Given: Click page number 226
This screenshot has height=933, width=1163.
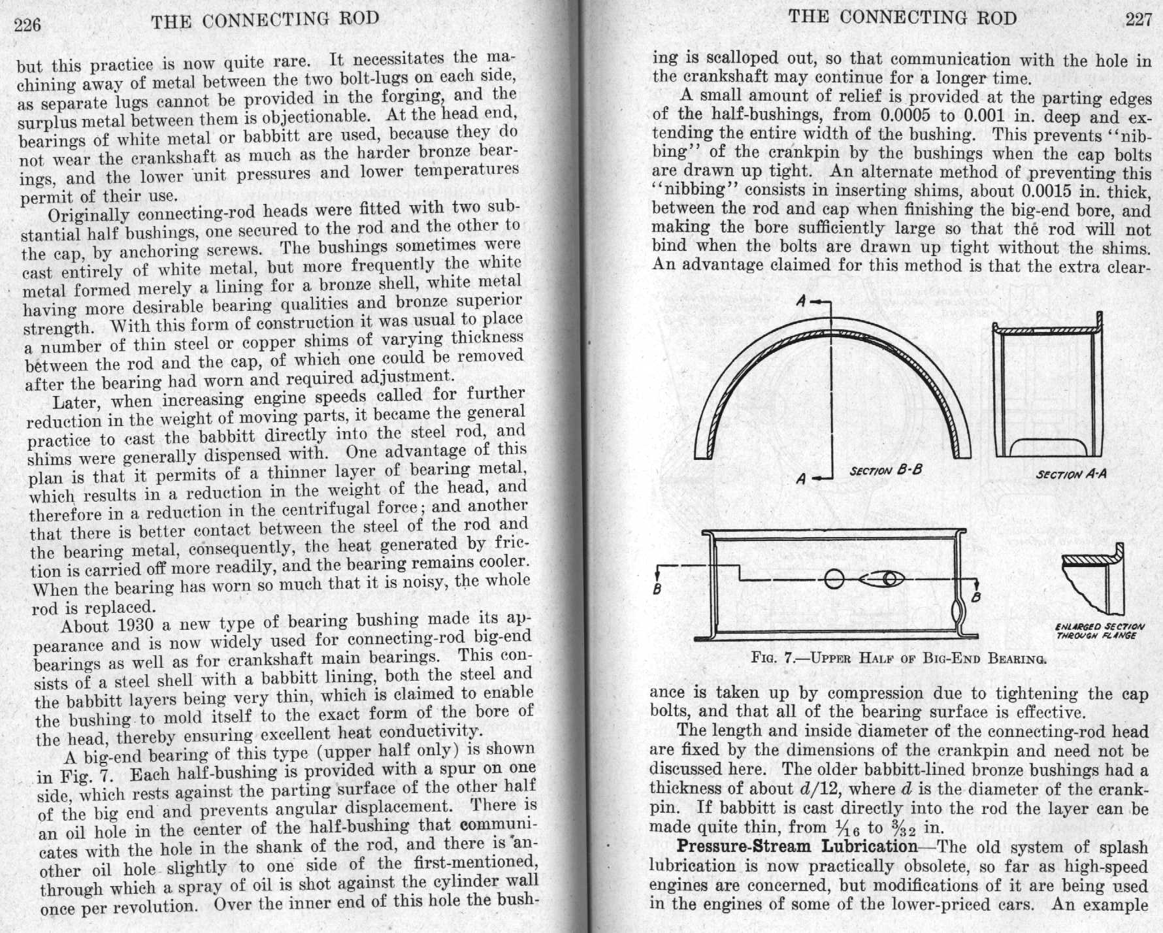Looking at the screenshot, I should [27, 25].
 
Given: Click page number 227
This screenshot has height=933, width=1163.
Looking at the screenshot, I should [1138, 20].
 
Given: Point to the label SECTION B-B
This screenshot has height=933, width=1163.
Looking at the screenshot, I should [886, 470].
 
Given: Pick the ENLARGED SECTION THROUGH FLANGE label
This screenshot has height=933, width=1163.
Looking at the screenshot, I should [1099, 630].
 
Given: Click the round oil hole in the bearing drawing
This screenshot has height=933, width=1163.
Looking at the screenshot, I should [834, 579].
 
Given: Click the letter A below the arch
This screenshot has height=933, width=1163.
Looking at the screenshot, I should [802, 478].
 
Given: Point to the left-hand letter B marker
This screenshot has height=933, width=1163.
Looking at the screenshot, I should [657, 589].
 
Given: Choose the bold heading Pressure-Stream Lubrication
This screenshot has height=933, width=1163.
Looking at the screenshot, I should [796, 847].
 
